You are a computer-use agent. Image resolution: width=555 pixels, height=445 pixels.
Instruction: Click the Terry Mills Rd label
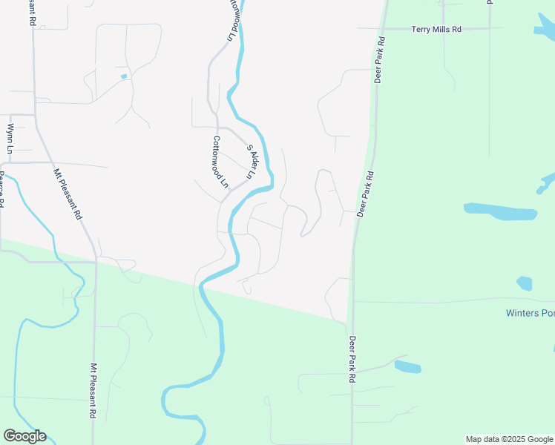coord(436,30)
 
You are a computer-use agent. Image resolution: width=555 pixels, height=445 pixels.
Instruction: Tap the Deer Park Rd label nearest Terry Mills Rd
coord(378,59)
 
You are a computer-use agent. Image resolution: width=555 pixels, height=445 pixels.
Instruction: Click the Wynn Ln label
coord(10,139)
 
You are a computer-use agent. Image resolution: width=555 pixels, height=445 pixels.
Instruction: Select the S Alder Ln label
coord(250,162)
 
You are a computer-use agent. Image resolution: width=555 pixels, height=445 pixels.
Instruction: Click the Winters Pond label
coord(530,313)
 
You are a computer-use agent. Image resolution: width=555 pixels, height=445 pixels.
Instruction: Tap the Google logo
coord(24,436)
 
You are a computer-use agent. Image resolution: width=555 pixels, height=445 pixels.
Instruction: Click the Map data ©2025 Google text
coord(509,439)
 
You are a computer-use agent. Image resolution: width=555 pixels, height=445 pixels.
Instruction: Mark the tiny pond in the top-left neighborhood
coord(124,76)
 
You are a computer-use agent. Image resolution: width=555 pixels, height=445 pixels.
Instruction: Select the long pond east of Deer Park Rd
coord(500,212)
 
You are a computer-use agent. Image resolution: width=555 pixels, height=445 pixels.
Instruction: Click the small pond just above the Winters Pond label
coord(525,283)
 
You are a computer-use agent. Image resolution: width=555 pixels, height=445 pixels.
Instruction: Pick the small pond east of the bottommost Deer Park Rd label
coord(408,366)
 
